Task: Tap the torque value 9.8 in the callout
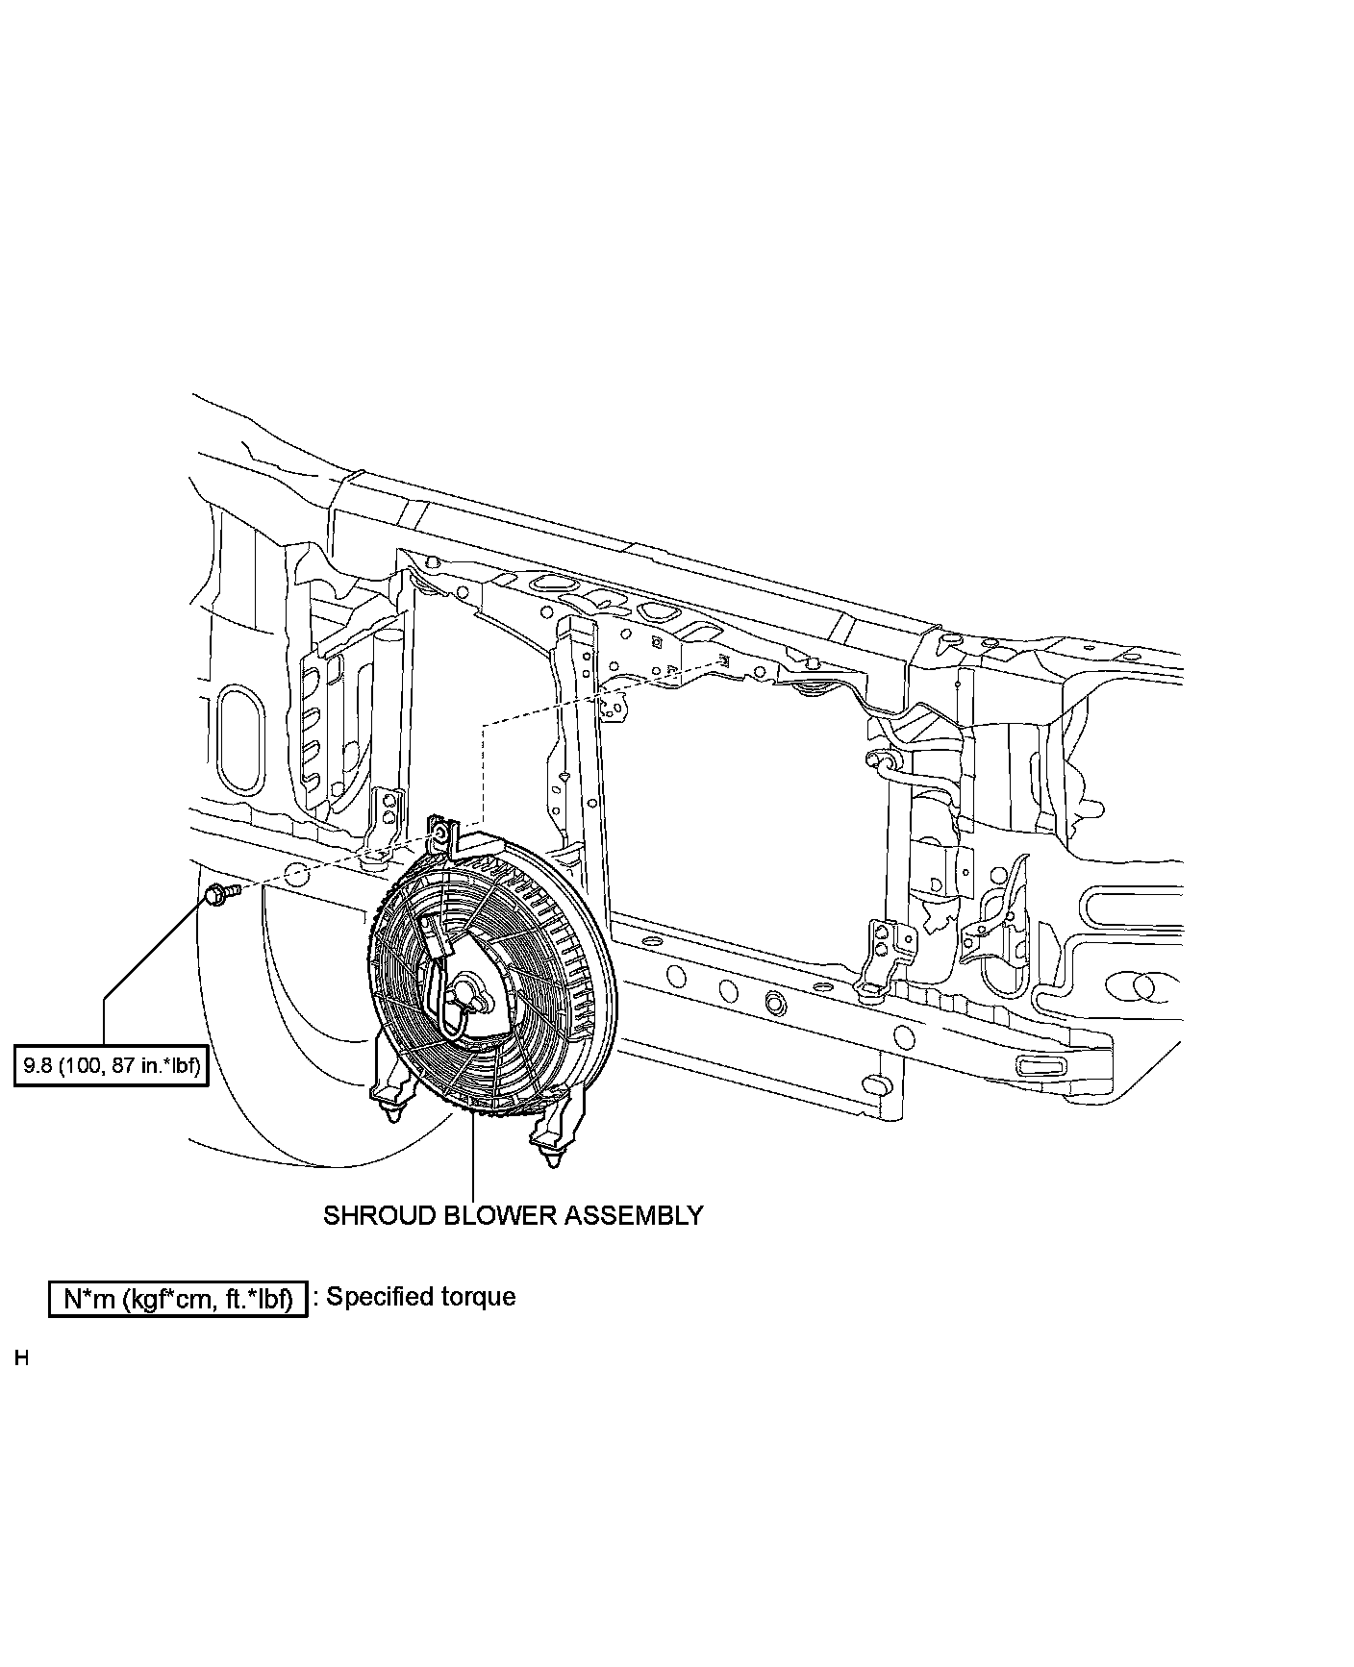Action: [x=37, y=1066]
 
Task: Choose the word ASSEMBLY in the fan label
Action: [x=633, y=1215]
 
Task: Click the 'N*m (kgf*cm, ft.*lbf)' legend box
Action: [x=178, y=1298]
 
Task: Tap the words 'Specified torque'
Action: [x=421, y=1297]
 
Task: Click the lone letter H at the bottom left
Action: [x=21, y=1359]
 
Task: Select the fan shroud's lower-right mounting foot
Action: [x=551, y=1139]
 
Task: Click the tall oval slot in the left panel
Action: [x=239, y=738]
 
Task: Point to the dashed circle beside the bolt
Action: [x=298, y=876]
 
